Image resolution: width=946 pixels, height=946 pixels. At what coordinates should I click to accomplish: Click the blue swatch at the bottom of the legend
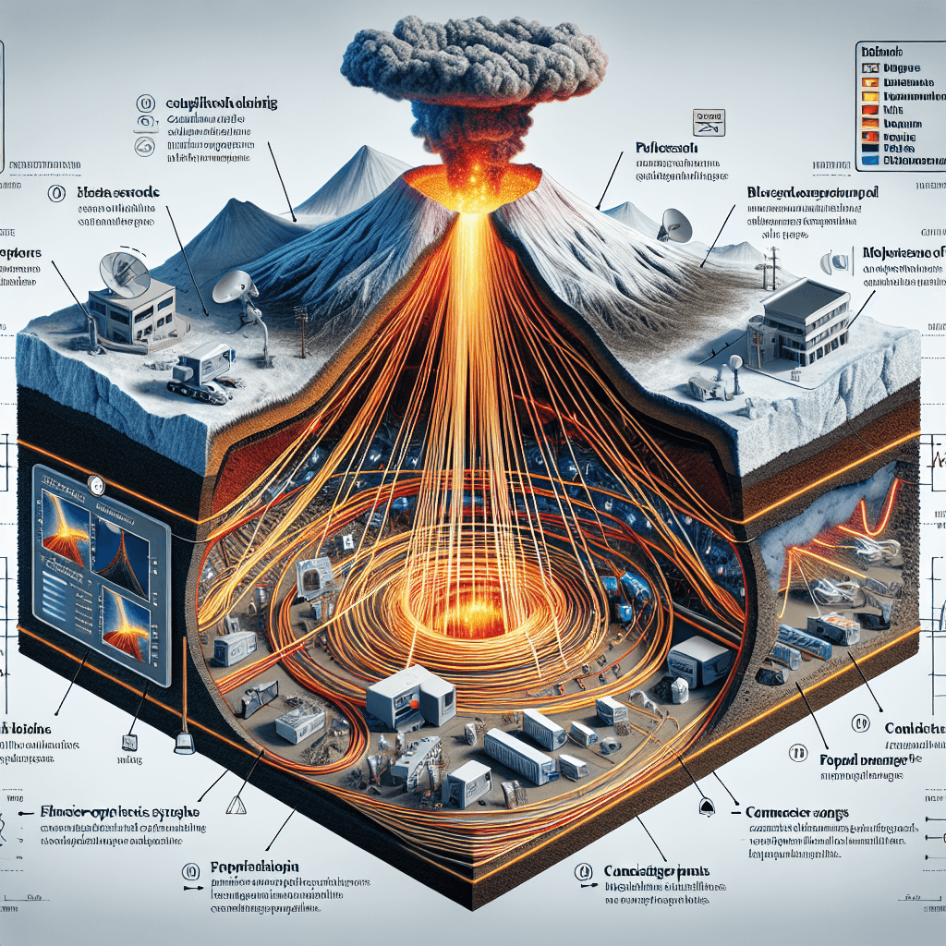(869, 159)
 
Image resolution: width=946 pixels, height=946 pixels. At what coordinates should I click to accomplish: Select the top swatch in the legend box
(869, 67)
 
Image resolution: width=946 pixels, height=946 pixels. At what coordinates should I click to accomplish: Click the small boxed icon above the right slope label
(708, 119)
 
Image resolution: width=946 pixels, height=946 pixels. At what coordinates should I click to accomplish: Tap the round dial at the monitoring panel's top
(94, 482)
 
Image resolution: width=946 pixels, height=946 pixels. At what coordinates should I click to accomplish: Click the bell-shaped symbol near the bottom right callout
(708, 807)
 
